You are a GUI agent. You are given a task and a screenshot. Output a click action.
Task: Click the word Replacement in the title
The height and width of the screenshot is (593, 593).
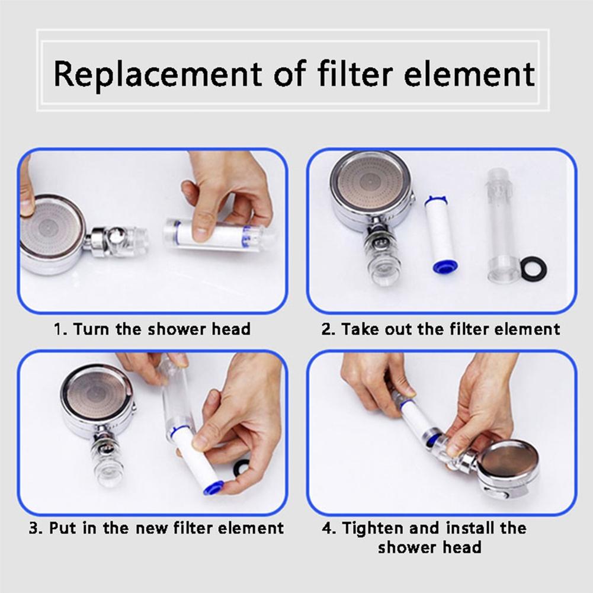pos(157,75)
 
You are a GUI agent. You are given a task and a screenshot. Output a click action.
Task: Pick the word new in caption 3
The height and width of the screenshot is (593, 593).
pos(156,527)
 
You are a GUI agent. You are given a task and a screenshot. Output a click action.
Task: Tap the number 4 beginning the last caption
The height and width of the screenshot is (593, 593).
pos(326,527)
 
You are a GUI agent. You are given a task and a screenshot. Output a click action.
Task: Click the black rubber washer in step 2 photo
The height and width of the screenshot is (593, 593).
pos(533,268)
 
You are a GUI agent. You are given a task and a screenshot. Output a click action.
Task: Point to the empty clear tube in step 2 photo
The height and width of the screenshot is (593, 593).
pos(502,225)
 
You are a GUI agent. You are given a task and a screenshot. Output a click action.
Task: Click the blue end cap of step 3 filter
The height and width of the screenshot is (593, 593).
pos(213,487)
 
